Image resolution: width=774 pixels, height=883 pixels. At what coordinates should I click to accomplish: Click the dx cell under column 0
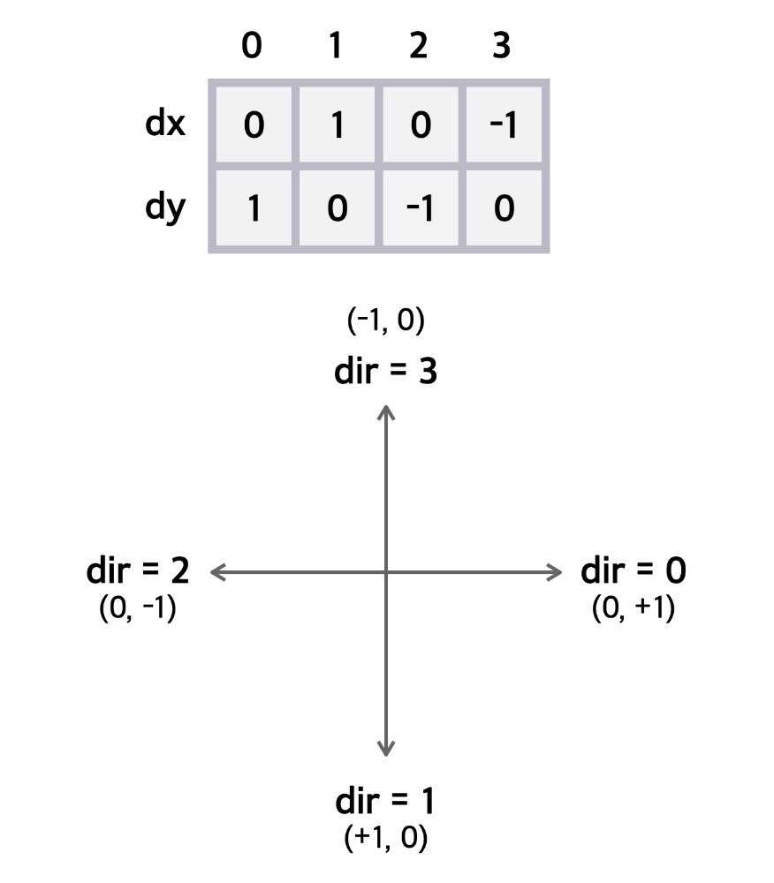[x=253, y=125]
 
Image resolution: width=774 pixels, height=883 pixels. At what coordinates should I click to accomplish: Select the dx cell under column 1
[x=336, y=125]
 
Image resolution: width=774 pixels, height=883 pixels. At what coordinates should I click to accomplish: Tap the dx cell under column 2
[x=420, y=125]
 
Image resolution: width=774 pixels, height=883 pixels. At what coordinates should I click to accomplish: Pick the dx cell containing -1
[x=503, y=125]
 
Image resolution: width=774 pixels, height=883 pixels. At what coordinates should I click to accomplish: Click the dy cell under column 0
[x=253, y=209]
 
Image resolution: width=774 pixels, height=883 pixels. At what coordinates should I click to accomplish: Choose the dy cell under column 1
[x=336, y=209]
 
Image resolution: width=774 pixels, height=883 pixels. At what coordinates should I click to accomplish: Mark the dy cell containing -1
[x=420, y=209]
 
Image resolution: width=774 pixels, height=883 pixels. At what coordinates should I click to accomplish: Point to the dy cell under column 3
[x=503, y=209]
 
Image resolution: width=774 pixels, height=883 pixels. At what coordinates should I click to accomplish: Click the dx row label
[x=165, y=125]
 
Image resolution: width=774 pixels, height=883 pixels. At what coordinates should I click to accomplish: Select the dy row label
[x=165, y=210]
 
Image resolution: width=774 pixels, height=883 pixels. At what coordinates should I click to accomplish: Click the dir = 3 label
[x=385, y=371]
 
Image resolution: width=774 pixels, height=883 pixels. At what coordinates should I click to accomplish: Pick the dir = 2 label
[x=138, y=571]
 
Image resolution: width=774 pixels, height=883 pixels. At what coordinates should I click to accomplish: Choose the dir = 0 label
[x=634, y=571]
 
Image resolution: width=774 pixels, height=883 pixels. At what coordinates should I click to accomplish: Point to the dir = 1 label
[x=385, y=803]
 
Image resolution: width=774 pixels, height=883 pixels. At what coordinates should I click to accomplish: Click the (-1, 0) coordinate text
[x=385, y=321]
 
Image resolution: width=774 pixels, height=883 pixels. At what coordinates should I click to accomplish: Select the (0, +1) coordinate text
[x=634, y=609]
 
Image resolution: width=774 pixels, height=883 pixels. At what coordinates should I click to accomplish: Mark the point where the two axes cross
[x=385, y=572]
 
